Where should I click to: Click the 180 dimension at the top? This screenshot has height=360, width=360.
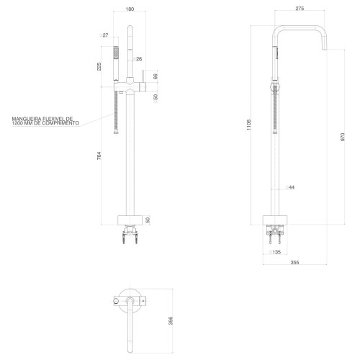tap(130, 9)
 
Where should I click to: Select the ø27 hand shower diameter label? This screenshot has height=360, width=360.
tap(104, 35)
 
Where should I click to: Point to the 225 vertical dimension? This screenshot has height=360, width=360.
tap(99, 66)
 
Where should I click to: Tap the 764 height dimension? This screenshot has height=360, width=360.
tap(99, 156)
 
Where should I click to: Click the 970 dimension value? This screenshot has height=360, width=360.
tap(343, 137)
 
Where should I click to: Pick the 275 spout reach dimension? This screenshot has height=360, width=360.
tap(300, 9)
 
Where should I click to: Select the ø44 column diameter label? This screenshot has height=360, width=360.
tap(290, 187)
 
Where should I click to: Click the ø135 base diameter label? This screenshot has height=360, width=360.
tap(275, 252)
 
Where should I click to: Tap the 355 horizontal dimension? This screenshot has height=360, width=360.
tap(294, 262)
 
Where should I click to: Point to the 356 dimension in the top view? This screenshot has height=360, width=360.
tap(171, 320)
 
